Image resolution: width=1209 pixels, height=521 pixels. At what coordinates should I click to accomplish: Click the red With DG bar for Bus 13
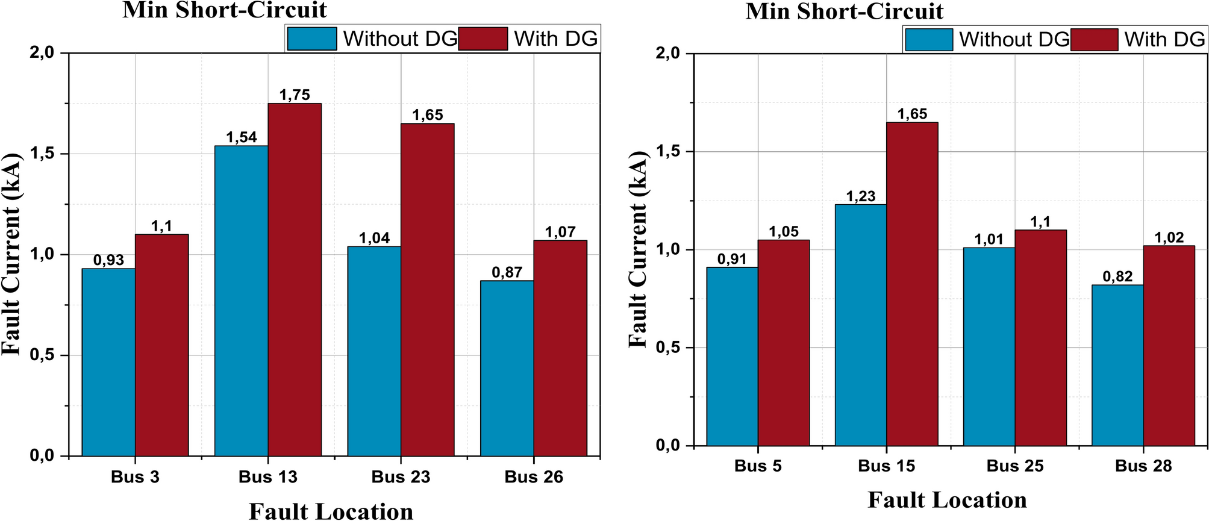pyautogui.click(x=295, y=279)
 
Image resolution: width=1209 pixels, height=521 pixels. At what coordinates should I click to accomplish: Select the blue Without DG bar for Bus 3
pyautogui.click(x=108, y=361)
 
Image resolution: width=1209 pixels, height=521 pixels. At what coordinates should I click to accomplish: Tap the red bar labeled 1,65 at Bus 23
pyautogui.click(x=428, y=289)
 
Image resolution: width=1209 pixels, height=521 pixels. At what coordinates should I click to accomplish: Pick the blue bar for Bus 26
pyautogui.click(x=507, y=368)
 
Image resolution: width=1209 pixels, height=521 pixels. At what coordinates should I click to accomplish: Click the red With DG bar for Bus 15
pyautogui.click(x=912, y=284)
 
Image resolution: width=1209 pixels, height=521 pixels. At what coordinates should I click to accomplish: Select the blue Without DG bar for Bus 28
pyautogui.click(x=1117, y=365)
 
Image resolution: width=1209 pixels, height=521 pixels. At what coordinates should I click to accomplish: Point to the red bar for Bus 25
pyautogui.click(x=1040, y=337)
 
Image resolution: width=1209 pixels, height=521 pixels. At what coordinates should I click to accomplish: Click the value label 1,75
pyautogui.click(x=295, y=95)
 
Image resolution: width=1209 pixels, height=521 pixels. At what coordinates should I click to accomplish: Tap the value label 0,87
pyautogui.click(x=507, y=272)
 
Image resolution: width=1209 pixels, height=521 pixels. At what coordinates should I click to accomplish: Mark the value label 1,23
pyautogui.click(x=860, y=196)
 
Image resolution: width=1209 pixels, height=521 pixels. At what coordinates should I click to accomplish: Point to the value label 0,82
pyautogui.click(x=1117, y=276)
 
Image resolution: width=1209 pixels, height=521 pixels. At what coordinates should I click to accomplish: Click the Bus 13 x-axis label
pyautogui.click(x=268, y=477)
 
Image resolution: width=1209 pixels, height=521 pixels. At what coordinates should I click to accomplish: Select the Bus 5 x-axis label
pyautogui.click(x=758, y=466)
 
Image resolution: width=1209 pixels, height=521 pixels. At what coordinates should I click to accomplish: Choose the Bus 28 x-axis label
pyautogui.click(x=1143, y=466)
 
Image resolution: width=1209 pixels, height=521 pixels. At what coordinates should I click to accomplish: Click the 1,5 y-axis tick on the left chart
pyautogui.click(x=42, y=154)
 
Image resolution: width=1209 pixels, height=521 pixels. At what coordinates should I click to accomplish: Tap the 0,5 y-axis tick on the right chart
pyautogui.click(x=667, y=348)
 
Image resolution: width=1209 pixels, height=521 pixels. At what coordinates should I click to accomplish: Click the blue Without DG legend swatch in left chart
pyautogui.click(x=311, y=39)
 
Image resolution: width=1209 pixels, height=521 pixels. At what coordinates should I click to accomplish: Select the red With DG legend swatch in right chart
pyautogui.click(x=1094, y=40)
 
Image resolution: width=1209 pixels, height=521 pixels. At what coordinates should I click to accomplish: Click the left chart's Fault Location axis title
pyautogui.click(x=331, y=511)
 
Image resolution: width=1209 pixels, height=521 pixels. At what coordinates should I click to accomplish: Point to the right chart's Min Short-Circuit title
pyautogui.click(x=844, y=11)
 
